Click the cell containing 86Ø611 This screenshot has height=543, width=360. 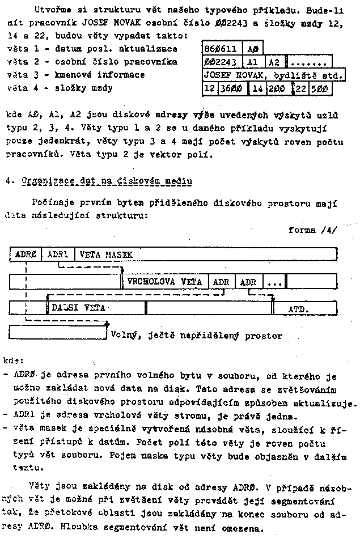(222, 49)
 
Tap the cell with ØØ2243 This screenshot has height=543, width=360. (222, 62)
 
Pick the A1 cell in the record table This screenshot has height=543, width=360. (253, 62)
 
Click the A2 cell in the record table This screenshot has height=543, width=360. (274, 62)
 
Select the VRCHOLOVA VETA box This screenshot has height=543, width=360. (165, 281)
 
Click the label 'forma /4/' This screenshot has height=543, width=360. (312, 230)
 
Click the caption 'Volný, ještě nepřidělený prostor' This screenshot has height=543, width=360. (196, 336)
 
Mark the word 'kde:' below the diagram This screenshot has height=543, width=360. (14, 360)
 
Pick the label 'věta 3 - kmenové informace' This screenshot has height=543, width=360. (76, 75)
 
